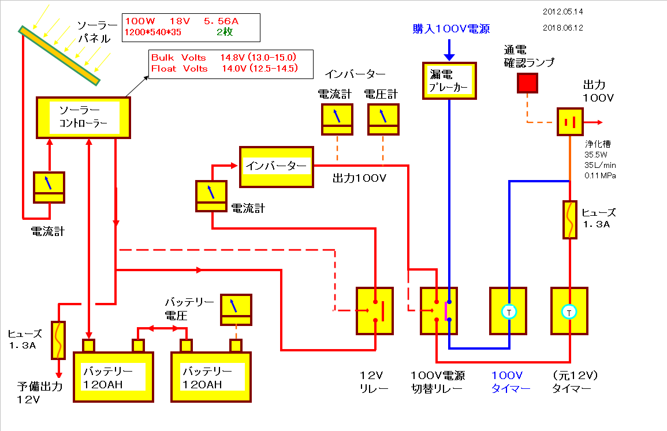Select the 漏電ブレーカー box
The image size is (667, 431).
pos(449,80)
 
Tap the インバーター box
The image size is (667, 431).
pos(277,167)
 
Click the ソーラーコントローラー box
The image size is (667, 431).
pos(83,118)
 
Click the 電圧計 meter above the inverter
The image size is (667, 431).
pos(383,119)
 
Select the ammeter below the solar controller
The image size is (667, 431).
pos(49,188)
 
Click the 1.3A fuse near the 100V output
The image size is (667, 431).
pos(570,220)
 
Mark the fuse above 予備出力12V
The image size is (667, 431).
pos(58,339)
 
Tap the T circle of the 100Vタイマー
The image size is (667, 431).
pos(509,312)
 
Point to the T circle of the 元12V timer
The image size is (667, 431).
pos(569,312)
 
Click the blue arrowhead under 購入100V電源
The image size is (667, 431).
pos(449,57)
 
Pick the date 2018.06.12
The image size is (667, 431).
pos(563,27)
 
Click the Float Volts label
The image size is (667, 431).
pos(179,69)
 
